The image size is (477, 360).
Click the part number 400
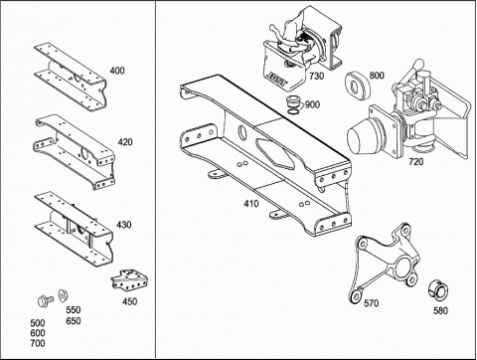click(117, 71)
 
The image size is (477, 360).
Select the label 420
click(125, 142)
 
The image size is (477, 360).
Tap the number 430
click(123, 225)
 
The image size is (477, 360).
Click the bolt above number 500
click(46, 300)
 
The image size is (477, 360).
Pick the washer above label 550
click(63, 295)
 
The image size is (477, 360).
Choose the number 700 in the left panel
click(38, 343)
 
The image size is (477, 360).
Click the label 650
click(74, 321)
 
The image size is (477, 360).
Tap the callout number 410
click(251, 203)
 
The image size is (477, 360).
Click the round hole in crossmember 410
click(242, 132)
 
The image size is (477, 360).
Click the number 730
click(316, 76)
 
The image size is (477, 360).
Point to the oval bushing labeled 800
click(357, 86)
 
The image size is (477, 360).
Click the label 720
click(415, 162)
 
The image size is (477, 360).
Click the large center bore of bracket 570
click(402, 267)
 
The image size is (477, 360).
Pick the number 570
click(371, 303)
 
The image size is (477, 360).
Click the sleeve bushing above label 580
click(439, 290)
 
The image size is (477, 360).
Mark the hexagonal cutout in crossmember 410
click(274, 154)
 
